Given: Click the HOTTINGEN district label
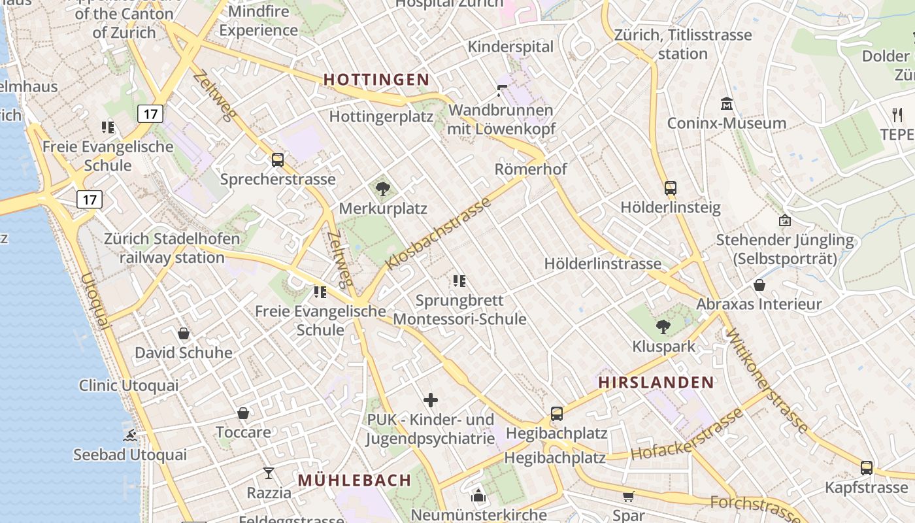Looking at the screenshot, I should point(376,80).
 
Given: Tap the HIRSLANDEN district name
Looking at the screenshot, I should point(656,382).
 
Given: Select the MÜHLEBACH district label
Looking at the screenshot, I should point(354,481).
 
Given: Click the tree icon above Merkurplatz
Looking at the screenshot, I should point(383,190).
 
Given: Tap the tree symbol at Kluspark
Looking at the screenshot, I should point(663,327).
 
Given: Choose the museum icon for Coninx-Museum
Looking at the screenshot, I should point(726,104).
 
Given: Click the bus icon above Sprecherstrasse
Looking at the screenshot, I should point(278,160).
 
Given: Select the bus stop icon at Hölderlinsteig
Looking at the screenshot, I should point(670,188).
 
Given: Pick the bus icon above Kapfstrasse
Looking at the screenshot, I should point(866,468).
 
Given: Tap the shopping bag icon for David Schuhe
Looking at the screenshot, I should point(184,333).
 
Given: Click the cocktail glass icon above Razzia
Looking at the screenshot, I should point(269,473).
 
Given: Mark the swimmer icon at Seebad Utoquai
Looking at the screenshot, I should point(130,435).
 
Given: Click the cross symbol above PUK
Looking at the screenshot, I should point(430,400).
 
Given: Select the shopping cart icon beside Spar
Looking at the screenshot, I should point(628,497).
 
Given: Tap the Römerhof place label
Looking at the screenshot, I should point(531,169).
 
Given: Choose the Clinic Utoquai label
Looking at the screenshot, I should point(129,386).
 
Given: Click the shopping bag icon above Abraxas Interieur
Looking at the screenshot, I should point(759,285).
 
